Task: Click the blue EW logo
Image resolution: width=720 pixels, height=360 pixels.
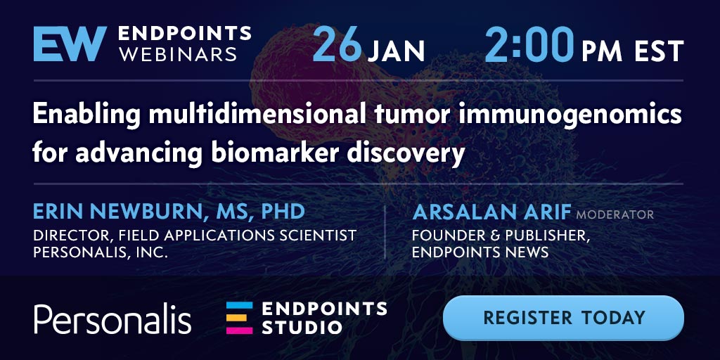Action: click(70, 44)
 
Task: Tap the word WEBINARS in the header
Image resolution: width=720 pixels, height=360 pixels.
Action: click(178, 53)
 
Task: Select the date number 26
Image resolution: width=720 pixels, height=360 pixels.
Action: click(338, 44)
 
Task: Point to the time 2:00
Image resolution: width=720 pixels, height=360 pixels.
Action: click(529, 44)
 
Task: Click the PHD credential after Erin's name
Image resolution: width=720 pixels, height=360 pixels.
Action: click(283, 212)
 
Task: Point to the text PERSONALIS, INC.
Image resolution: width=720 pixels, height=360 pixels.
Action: click(100, 252)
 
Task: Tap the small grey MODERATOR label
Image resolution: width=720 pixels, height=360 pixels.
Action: click(615, 214)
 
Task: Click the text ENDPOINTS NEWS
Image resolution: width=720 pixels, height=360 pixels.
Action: click(480, 252)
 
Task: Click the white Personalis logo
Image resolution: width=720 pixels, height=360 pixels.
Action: click(112, 318)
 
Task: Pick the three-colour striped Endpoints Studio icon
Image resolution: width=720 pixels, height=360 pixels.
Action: click(239, 318)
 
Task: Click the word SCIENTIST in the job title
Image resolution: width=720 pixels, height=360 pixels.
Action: click(313, 235)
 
